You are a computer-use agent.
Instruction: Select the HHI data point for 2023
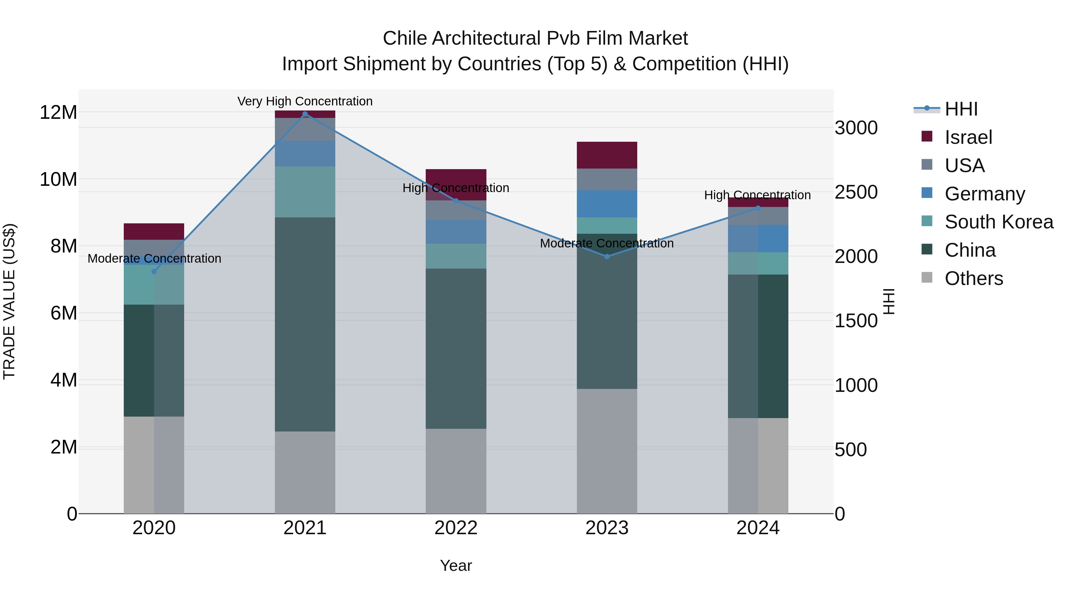click(607, 256)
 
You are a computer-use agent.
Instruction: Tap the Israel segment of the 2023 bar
click(607, 155)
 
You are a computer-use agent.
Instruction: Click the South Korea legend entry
click(999, 222)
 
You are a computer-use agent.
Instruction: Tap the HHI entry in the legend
click(961, 109)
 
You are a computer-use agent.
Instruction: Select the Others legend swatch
click(927, 278)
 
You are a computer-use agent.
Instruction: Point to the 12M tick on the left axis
click(58, 112)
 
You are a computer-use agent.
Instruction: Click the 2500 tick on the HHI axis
click(856, 192)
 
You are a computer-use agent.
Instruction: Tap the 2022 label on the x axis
click(456, 528)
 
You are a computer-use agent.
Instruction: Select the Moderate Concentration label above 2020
click(154, 258)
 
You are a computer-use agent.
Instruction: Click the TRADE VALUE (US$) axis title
click(9, 301)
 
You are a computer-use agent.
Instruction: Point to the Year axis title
click(456, 565)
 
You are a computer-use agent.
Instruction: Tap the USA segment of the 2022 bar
click(456, 210)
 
